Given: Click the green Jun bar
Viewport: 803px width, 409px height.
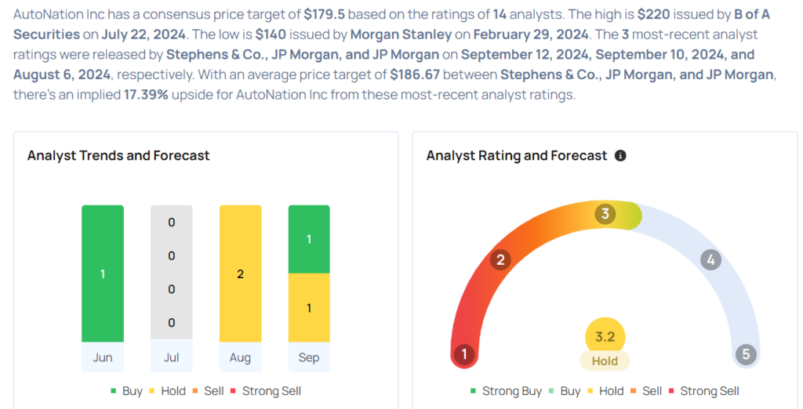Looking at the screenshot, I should (x=103, y=273).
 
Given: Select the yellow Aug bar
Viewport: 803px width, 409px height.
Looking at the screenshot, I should (x=240, y=273).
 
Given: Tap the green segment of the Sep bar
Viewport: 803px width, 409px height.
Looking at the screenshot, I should (x=309, y=239).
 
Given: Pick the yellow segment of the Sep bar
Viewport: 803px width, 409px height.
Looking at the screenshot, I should (x=309, y=308).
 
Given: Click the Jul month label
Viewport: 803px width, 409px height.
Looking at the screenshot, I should (x=171, y=358).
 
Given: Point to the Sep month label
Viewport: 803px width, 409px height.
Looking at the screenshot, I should (x=309, y=358).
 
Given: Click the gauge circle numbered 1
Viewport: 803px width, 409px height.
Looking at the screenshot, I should (x=464, y=354).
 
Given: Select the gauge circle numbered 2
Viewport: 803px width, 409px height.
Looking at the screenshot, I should (x=500, y=260).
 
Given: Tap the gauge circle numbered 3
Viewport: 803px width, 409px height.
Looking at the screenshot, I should (x=605, y=214).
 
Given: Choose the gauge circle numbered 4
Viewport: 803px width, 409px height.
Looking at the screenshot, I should (x=710, y=260).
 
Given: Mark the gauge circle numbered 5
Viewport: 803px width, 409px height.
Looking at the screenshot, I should (x=746, y=354).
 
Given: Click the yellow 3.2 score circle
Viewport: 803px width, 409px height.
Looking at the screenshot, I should (x=605, y=337).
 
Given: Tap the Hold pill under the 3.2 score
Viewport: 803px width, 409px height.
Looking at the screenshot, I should (x=605, y=361).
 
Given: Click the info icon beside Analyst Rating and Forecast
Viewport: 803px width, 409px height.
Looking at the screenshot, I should (x=620, y=156).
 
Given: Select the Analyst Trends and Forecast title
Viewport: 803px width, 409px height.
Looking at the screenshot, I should (x=118, y=156).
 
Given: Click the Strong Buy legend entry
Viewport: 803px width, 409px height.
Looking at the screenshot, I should (x=506, y=391).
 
